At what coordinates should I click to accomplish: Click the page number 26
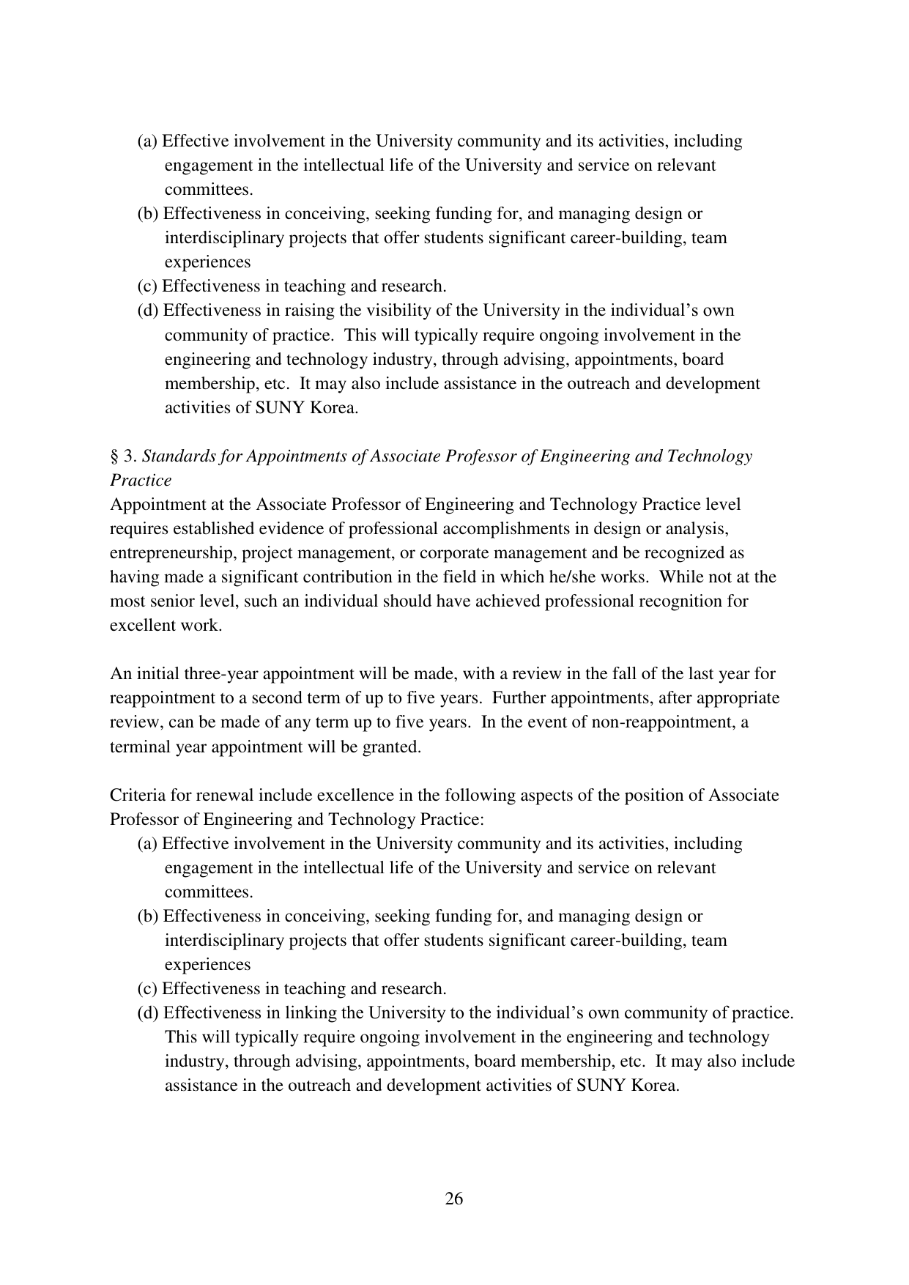454,1199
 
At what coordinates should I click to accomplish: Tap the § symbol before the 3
114,456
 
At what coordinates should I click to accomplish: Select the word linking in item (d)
335,1013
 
